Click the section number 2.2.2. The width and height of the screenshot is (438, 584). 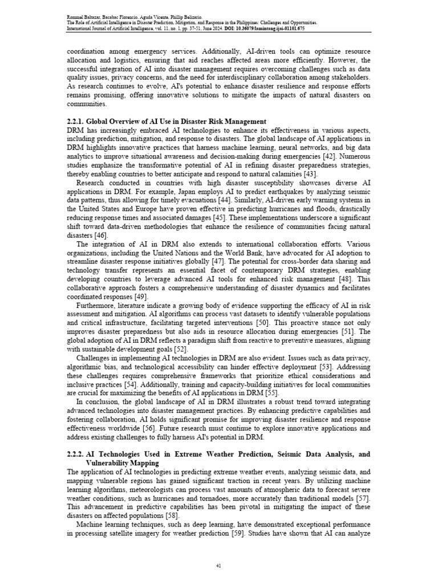pos(77,454)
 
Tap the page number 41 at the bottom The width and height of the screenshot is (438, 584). pos(218,565)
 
